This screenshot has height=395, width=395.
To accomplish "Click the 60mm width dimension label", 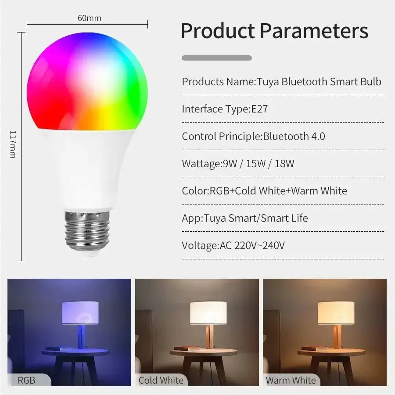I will (x=89, y=18).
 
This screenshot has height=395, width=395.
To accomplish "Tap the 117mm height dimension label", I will (x=13, y=144).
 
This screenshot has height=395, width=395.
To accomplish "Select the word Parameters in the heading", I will (x=314, y=31).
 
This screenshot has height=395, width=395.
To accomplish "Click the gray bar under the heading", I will (x=217, y=58).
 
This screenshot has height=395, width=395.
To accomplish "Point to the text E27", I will (x=259, y=109).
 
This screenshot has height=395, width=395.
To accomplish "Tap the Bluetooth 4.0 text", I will (x=294, y=136).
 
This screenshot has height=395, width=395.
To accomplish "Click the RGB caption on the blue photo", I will (x=26, y=380).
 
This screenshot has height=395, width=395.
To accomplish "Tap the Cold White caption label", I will (x=161, y=380).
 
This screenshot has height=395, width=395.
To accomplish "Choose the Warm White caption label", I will (x=291, y=380).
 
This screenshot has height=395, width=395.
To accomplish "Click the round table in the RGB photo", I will (x=75, y=352).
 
